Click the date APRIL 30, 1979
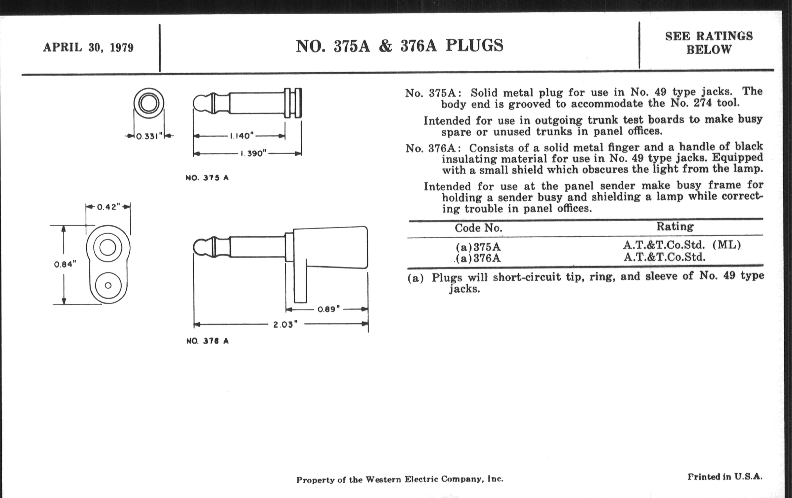pos(88,48)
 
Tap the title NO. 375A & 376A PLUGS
pos(399,46)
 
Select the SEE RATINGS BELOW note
pos(709,43)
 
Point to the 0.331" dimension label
pos(149,136)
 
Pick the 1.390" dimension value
pos(253,154)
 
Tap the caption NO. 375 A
pos(207,178)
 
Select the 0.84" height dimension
pos(65,264)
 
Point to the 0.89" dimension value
pos(329,309)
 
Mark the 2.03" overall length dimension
pos(285,325)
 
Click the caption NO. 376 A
pos(207,341)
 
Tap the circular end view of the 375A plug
pos(149,103)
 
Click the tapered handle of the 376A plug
pos(331,247)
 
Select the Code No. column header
pos(478,228)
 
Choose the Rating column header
pos(675,227)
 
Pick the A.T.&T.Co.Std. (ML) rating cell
pos(682,245)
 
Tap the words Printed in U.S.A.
pos(725,477)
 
